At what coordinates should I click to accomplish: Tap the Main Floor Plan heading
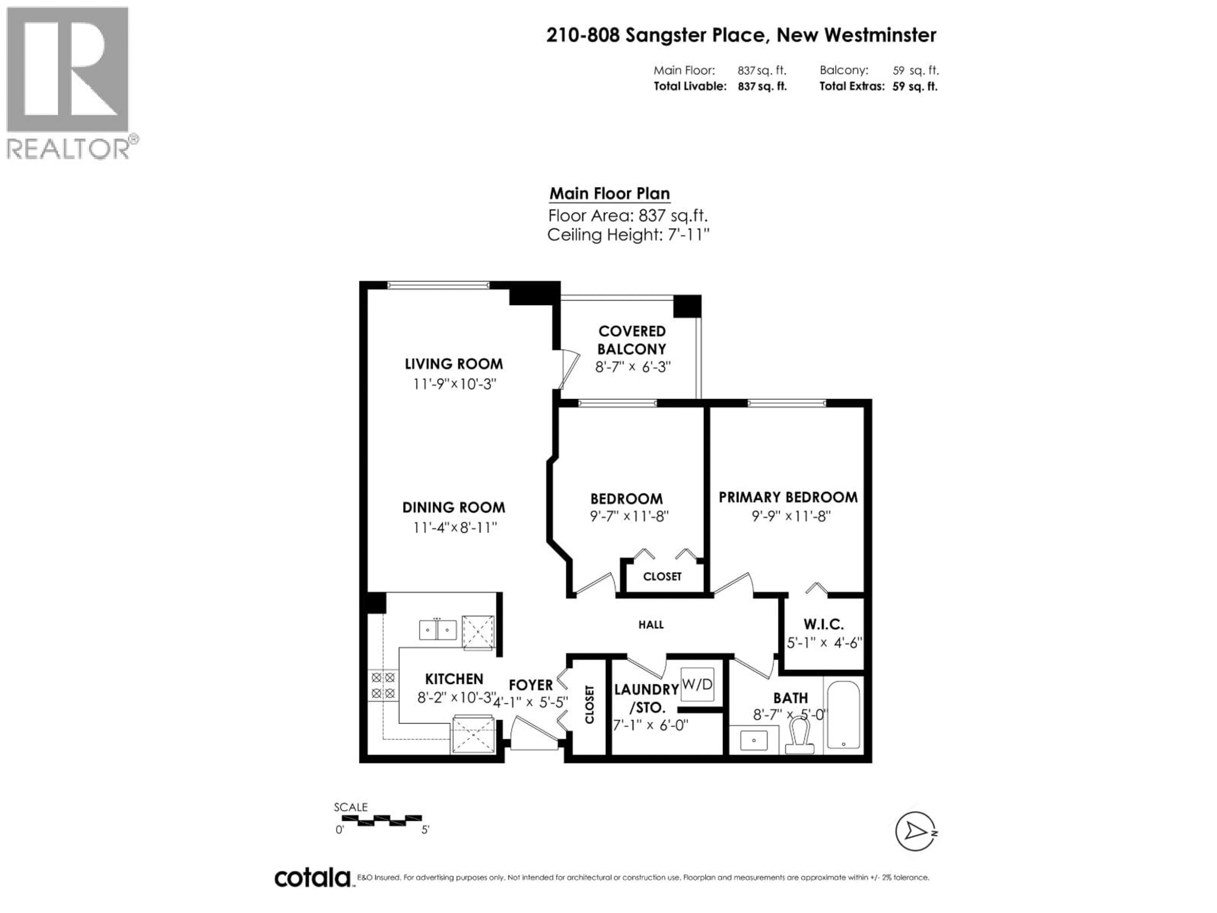click(609, 194)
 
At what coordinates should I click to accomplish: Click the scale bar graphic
click(381, 820)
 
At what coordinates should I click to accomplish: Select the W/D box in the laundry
click(697, 684)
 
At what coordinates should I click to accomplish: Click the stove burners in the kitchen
click(383, 685)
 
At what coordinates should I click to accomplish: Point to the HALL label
click(651, 625)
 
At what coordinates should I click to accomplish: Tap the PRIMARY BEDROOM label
click(788, 497)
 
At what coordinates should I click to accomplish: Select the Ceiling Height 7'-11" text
click(628, 235)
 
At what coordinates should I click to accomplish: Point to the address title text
click(741, 35)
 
